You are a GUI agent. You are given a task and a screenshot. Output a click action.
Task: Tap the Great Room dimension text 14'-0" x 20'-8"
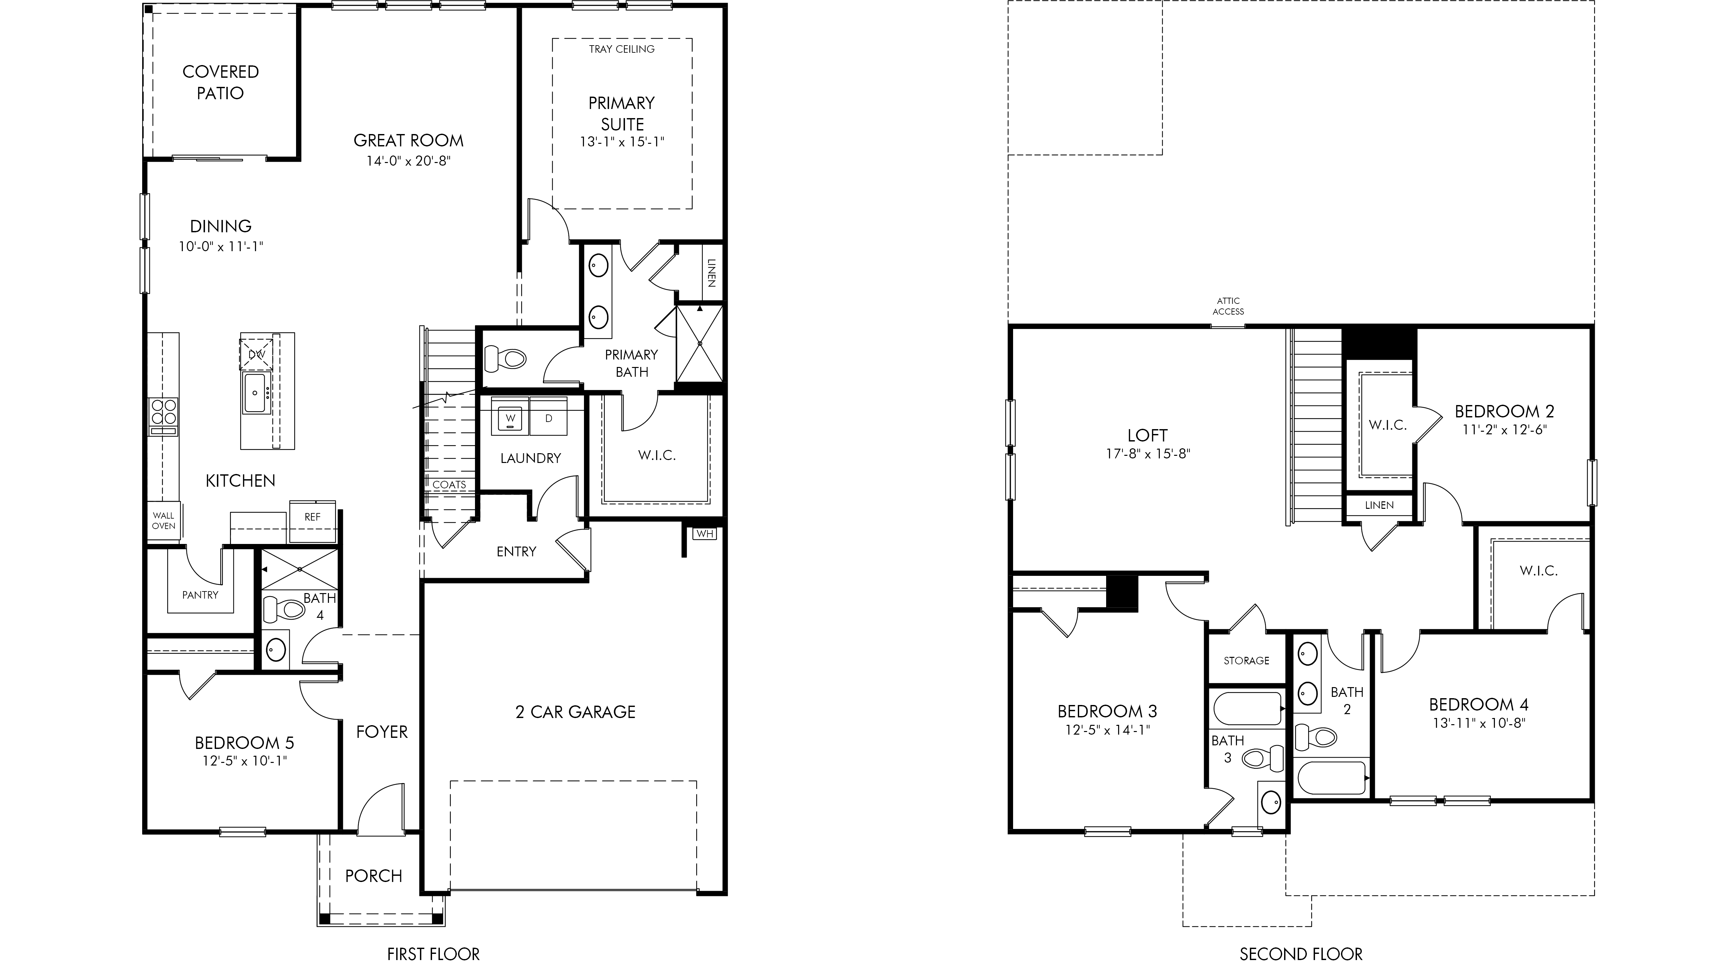click(408, 161)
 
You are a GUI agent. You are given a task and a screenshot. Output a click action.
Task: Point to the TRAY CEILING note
click(622, 49)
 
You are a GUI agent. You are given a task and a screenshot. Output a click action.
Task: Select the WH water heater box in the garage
click(704, 534)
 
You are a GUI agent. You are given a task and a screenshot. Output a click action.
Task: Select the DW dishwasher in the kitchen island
click(257, 354)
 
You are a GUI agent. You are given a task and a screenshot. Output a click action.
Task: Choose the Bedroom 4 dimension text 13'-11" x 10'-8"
click(1479, 724)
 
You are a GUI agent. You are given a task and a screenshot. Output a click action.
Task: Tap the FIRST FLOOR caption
click(433, 954)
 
